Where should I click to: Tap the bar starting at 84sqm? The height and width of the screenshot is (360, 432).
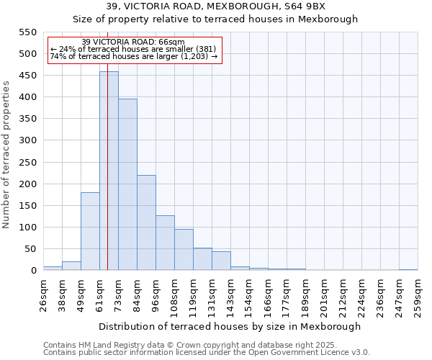[x=146, y=223]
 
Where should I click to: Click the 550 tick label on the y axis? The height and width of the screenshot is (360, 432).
[x=27, y=32]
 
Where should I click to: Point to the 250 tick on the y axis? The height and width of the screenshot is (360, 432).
[x=27, y=162]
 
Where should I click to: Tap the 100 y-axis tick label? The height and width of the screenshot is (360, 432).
[x=27, y=228]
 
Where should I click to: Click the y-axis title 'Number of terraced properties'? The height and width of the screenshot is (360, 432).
[x=6, y=155]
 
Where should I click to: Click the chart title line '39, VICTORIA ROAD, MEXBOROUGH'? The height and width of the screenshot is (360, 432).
[x=215, y=6]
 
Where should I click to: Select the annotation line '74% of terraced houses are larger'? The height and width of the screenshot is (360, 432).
[x=133, y=56]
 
